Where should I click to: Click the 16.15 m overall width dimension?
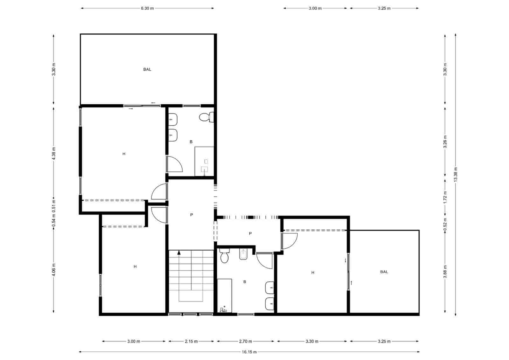249,352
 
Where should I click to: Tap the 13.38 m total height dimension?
456,174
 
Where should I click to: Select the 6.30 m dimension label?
147,8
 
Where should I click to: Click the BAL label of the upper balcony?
147,69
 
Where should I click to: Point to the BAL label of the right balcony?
384,272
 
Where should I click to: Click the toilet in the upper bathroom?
206,117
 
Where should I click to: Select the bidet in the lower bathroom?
243,254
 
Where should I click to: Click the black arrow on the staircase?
179,253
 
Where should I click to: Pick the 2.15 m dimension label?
191,342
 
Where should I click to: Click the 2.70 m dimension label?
245,342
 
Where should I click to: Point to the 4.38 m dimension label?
54,153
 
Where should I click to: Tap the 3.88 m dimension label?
445,272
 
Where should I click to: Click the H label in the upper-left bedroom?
124,154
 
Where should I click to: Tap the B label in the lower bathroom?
245,282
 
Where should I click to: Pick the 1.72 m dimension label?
445,197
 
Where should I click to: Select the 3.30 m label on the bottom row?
312,342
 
